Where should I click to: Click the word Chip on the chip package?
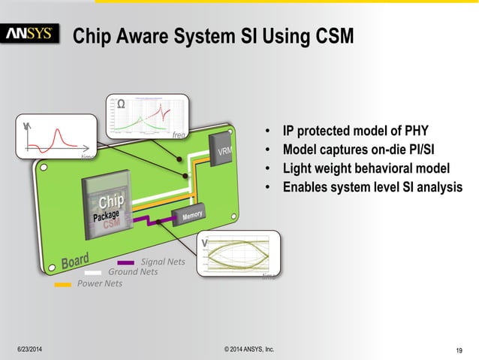(x=110, y=204)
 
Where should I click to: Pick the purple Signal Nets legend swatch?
(x=125, y=262)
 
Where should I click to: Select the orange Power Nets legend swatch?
(x=64, y=284)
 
